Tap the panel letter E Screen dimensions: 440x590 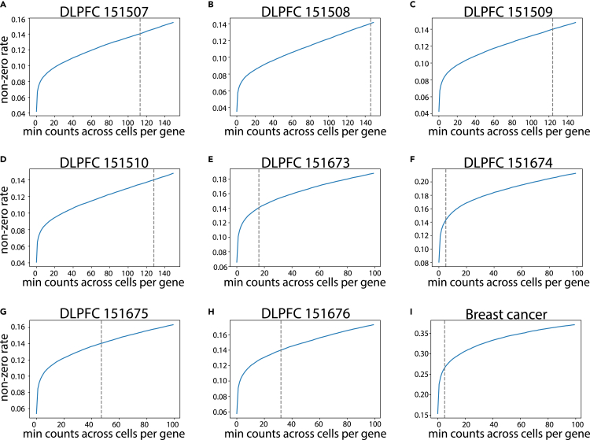pos(207,157)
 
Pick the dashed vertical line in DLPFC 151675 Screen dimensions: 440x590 pos(101,370)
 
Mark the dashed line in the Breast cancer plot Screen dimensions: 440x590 pos(444,370)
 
